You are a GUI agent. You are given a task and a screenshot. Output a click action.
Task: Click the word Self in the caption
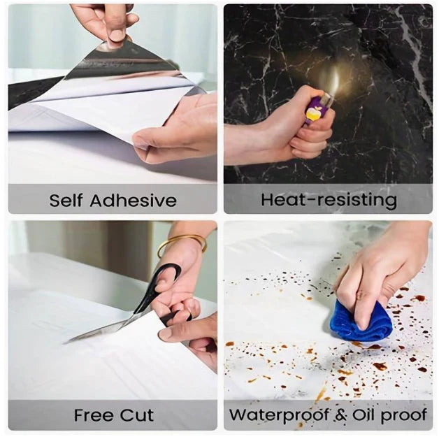point(66,201)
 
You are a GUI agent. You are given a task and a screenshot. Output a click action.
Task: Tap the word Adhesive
point(133,201)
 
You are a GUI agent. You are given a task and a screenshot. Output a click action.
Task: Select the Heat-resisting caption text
point(329,200)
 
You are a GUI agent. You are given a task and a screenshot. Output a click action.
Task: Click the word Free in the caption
point(94,415)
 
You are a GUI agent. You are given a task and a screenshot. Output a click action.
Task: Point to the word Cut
point(137,415)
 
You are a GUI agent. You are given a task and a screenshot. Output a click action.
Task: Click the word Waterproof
point(279,415)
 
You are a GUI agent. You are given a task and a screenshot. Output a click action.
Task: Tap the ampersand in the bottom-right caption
point(340,415)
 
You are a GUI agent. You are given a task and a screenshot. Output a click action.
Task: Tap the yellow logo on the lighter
point(312,113)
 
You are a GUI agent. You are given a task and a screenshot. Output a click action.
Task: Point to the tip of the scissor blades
point(66,342)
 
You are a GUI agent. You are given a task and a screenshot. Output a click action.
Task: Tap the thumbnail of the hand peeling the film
point(115,36)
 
